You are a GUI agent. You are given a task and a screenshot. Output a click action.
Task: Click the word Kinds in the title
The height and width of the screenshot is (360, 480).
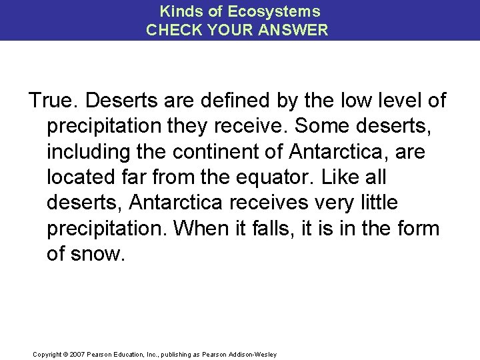tap(182, 11)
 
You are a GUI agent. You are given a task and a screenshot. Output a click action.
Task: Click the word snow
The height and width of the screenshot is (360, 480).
tap(98, 253)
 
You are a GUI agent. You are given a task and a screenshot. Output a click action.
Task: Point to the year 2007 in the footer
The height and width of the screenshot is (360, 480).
tap(76, 354)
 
